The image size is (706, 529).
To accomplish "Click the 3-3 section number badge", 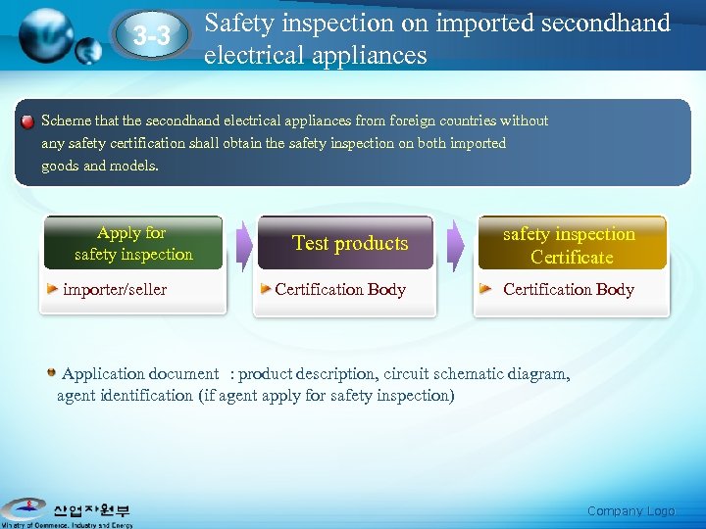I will pos(151,36).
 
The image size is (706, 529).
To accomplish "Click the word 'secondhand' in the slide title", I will pos(605,23).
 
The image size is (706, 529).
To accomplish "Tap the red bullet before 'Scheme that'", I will pos(27,120).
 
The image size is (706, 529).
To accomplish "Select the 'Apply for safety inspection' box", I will pos(133,244).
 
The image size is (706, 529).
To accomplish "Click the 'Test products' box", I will pos(349,244).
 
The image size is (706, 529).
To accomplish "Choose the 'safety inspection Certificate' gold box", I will pos(571,245).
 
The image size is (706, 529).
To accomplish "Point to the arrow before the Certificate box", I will pos(456,245).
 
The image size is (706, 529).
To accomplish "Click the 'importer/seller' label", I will pos(115,289).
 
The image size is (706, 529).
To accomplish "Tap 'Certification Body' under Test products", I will pos(339,289).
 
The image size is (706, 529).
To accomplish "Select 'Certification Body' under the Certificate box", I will pos(568,289).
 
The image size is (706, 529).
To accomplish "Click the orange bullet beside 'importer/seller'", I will pos(55,288).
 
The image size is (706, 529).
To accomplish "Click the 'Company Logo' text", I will pos(630,510).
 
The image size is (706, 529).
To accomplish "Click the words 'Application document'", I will pos(140,373).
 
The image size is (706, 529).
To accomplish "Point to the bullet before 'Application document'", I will pos(51,372).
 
